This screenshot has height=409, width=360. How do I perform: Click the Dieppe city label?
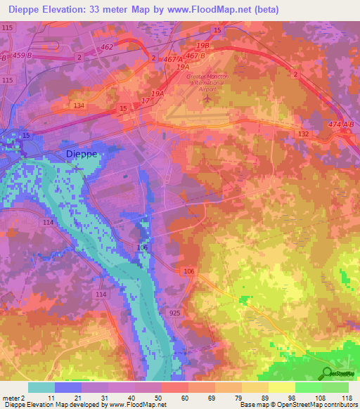81,153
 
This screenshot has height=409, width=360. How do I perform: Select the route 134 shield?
79,105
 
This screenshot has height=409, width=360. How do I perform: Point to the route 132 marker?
304,133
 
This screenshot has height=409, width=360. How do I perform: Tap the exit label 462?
107,47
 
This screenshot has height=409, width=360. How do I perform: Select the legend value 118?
347,398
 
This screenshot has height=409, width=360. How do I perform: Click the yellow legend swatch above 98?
281,387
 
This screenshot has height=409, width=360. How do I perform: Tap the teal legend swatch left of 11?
41,387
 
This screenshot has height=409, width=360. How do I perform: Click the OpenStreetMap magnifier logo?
326,373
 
